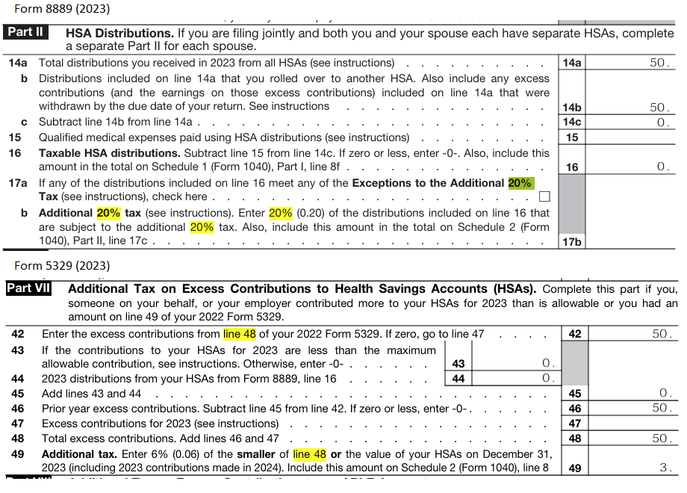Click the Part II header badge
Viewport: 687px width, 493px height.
(x=26, y=33)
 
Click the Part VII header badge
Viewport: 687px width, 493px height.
(x=29, y=288)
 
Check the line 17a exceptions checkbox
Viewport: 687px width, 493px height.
(x=544, y=197)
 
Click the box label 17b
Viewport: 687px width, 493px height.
(x=572, y=241)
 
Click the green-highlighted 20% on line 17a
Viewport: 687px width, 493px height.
(x=521, y=183)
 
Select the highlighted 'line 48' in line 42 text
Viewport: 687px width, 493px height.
(x=243, y=335)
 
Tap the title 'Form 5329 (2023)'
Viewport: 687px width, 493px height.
(x=62, y=265)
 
